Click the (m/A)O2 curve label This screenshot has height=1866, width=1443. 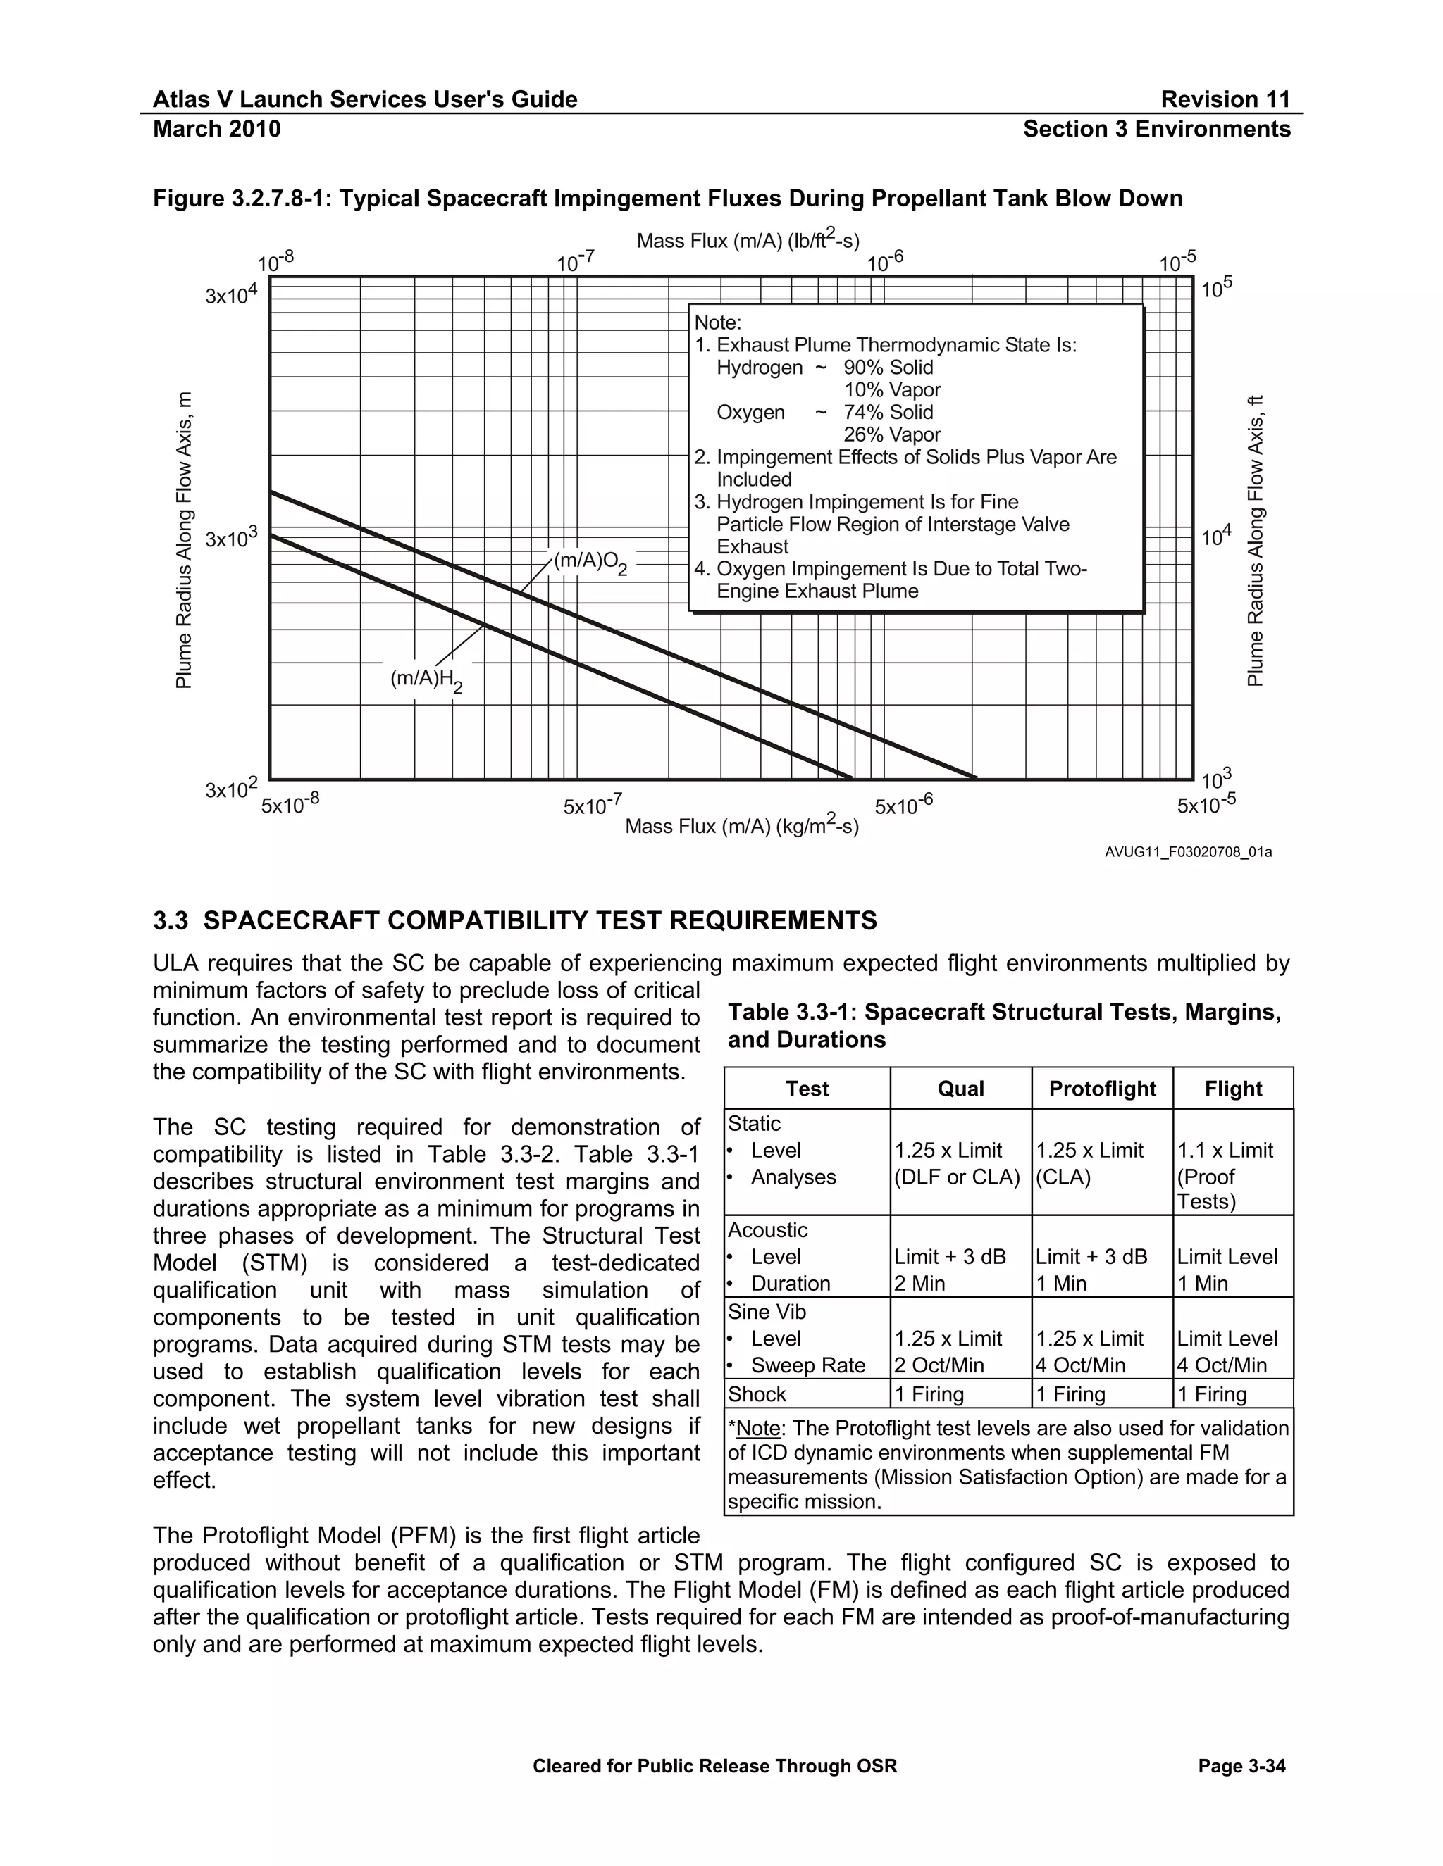(x=590, y=563)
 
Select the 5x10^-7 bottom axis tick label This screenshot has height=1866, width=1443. (x=592, y=805)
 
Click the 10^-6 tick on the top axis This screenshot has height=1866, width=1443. (x=885, y=261)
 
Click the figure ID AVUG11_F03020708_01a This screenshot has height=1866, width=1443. (x=1187, y=852)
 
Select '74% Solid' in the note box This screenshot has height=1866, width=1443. (x=888, y=412)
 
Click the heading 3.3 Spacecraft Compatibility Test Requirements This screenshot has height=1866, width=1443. (x=514, y=920)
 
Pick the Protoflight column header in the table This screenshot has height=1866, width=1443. (x=1102, y=1089)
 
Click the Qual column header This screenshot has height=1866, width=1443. (x=960, y=1089)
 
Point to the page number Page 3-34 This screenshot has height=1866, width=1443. (x=1241, y=1766)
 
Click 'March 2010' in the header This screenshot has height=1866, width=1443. (x=216, y=129)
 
